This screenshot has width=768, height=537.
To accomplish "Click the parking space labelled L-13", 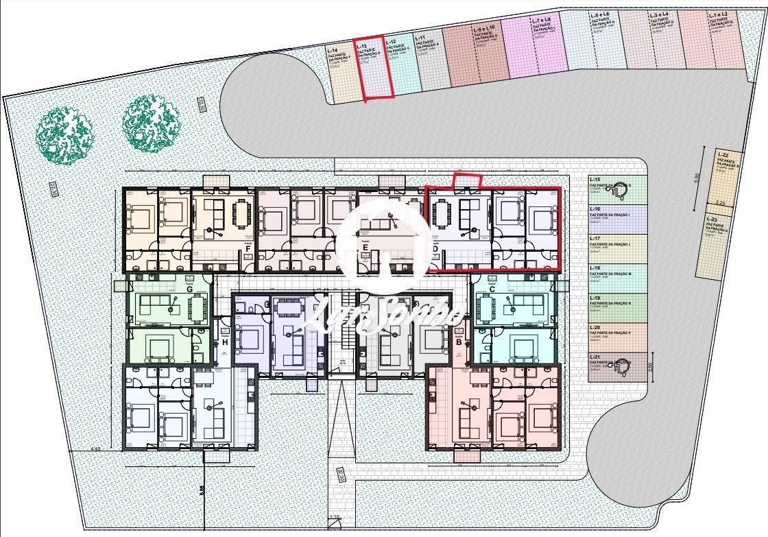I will coord(374,69).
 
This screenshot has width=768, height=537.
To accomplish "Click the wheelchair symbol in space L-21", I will coord(623,368).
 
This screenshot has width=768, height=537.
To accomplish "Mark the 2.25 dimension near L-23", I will coord(720,204).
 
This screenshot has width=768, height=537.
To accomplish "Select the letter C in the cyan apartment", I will coord(492,289).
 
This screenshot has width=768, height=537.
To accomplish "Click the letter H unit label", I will coord(224,342).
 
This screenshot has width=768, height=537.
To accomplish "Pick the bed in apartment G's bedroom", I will coord(161,348).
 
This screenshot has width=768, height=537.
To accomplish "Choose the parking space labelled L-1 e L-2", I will coord(720,41).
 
